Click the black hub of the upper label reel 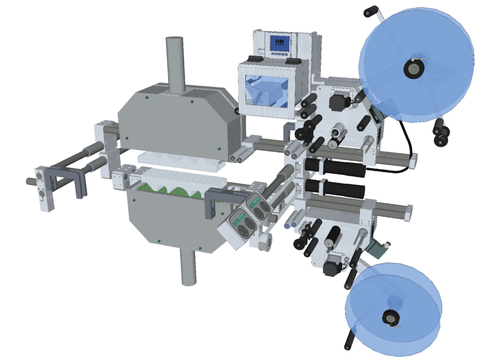[x=413, y=69]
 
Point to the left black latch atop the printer [x=254, y=59]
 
